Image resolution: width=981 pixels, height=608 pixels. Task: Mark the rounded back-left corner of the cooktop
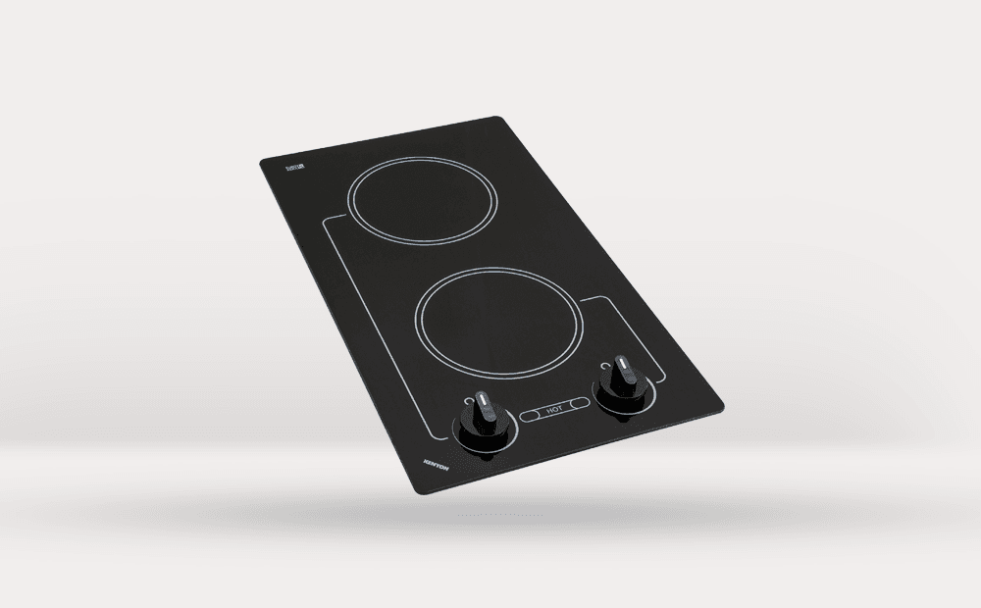click(x=263, y=161)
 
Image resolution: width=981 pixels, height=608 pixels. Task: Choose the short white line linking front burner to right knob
click(x=628, y=324)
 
